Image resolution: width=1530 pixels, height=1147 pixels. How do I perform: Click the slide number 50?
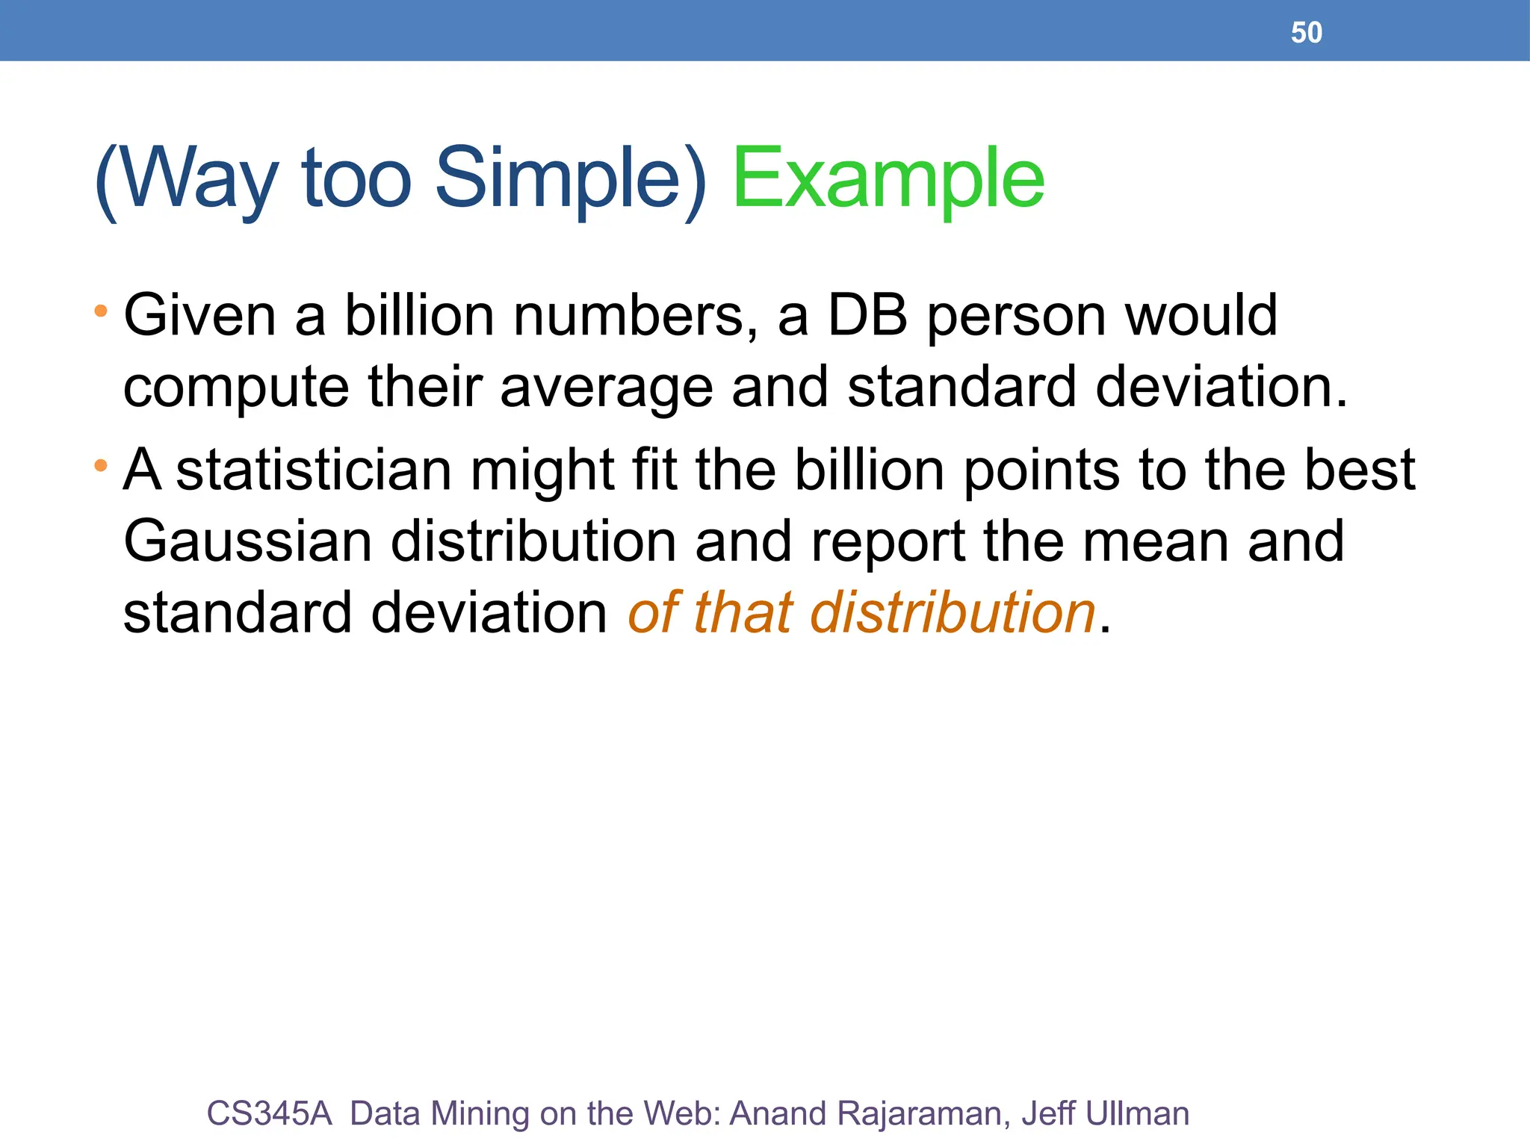click(x=1306, y=33)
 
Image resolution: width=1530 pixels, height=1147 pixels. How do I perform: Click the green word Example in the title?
click(x=888, y=179)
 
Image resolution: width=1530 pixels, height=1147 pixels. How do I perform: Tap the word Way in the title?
click(x=198, y=179)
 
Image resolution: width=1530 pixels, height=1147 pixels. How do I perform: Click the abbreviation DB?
click(x=867, y=316)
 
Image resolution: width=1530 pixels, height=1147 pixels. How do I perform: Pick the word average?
click(x=606, y=388)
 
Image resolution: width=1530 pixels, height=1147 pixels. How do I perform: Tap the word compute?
click(x=236, y=388)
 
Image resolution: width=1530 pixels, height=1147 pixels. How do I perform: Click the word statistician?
click(x=314, y=470)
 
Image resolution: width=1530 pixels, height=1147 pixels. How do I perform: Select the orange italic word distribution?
click(x=953, y=612)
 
